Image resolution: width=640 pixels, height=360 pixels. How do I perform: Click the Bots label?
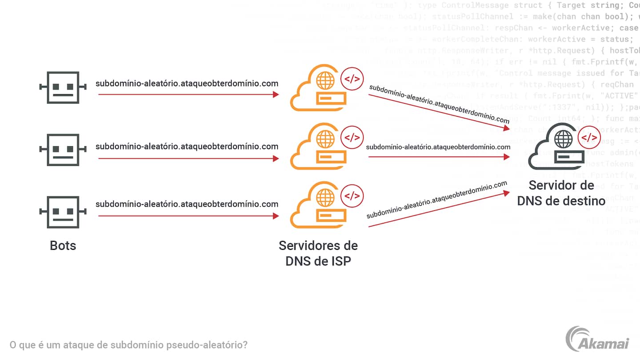click(63, 245)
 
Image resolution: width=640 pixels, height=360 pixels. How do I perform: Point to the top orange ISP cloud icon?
click(316, 88)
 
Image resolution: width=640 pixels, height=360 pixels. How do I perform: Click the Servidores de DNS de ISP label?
click(318, 253)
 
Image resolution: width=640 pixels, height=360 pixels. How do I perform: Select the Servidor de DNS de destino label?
click(561, 193)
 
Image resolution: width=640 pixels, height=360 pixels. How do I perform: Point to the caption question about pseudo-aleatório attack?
click(128, 345)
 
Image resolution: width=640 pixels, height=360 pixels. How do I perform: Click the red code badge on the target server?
click(590, 138)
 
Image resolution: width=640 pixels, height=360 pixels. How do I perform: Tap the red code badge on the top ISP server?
click(352, 80)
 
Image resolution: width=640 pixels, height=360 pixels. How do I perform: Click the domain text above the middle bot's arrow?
click(187, 146)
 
